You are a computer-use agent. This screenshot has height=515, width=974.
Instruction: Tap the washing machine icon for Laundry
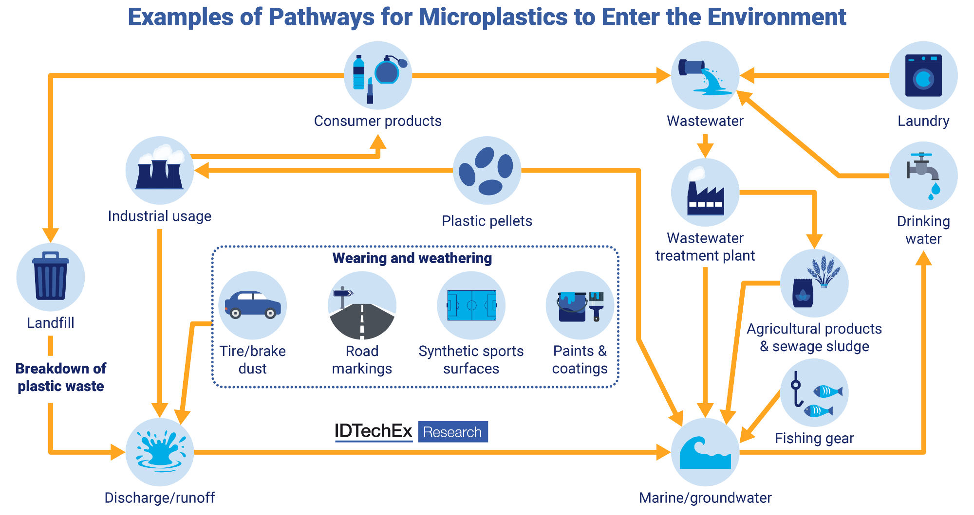923,76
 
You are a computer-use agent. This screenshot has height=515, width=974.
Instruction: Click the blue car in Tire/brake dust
252,304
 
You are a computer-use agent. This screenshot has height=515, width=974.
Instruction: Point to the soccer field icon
471,305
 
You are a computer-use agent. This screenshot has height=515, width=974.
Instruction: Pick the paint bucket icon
573,306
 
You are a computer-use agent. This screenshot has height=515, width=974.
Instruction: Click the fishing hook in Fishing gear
796,389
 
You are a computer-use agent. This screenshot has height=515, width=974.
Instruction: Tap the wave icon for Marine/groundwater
705,453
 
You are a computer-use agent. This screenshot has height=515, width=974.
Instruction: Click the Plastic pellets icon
487,170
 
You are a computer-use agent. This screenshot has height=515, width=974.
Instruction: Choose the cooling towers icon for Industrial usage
159,170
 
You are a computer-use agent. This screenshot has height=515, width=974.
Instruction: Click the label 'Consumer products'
377,121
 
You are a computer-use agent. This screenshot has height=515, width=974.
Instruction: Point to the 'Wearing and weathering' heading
412,258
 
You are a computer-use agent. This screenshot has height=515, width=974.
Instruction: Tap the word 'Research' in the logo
452,432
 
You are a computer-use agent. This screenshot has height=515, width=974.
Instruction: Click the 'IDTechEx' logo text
373,431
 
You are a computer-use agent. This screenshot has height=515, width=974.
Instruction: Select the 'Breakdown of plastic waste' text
61,377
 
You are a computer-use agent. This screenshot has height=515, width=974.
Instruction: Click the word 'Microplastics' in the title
493,17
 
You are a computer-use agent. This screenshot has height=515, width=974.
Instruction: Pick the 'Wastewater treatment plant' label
705,247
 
